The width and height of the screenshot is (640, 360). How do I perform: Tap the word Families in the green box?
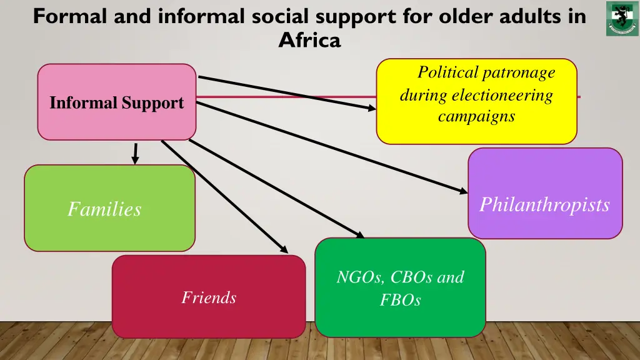(x=104, y=209)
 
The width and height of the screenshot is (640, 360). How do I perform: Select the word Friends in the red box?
(x=209, y=297)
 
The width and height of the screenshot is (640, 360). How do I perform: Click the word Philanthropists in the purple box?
(x=544, y=205)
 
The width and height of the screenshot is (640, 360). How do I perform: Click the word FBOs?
(x=400, y=301)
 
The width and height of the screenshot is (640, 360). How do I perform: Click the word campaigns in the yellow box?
(x=476, y=116)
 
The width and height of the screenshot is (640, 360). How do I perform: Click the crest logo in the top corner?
(x=622, y=19)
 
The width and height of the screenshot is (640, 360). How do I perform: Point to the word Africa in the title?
(x=309, y=41)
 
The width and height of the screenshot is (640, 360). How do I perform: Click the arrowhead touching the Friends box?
(x=284, y=250)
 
